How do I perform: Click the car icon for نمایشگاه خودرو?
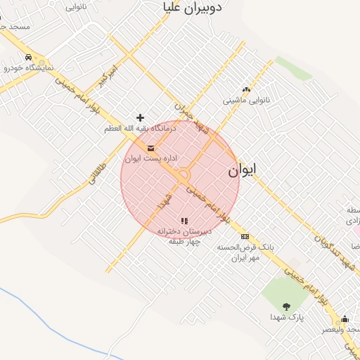click(27, 57)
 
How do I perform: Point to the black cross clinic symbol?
click(141, 117)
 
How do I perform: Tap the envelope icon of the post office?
click(151, 148)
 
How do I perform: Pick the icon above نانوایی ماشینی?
click(246, 89)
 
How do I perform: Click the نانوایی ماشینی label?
click(246, 101)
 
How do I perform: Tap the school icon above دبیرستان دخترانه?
click(184, 221)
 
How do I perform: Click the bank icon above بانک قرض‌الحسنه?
click(245, 236)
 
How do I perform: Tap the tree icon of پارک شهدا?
click(286, 306)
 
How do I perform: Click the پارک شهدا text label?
click(286, 317)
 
